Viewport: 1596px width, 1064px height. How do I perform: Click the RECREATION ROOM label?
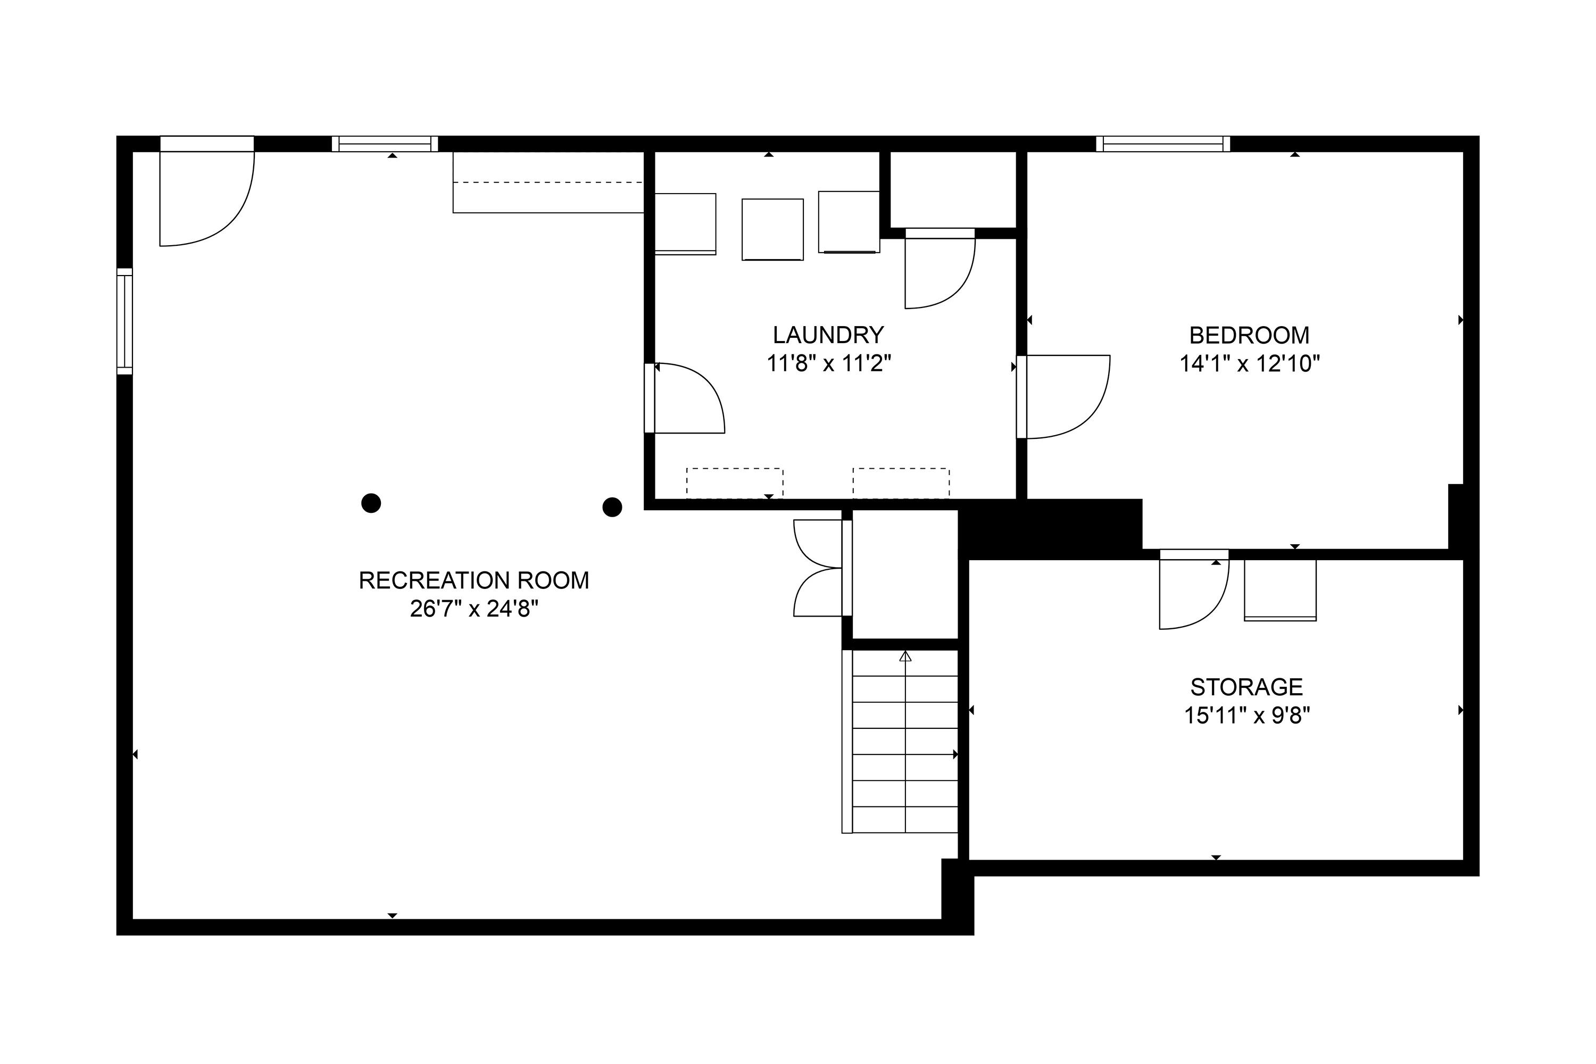pos(473,580)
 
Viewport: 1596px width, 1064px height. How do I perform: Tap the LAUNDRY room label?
pos(828,335)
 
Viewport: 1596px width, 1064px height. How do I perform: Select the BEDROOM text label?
pos(1249,335)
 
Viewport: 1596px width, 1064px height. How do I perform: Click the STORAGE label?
pos(1246,687)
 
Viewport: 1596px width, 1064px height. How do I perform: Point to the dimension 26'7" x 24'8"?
pos(473,609)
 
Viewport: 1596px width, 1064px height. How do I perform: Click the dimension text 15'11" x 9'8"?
pos(1246,716)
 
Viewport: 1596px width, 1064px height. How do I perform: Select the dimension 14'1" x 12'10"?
pos(1249,364)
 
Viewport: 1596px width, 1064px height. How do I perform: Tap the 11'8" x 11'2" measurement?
pos(828,364)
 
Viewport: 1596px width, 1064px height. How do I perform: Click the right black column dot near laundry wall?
pos(612,507)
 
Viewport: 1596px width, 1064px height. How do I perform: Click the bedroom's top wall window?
pos(1162,144)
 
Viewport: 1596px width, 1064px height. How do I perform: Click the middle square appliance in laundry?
pos(772,229)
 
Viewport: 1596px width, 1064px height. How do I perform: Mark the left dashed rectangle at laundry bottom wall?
pos(734,483)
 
